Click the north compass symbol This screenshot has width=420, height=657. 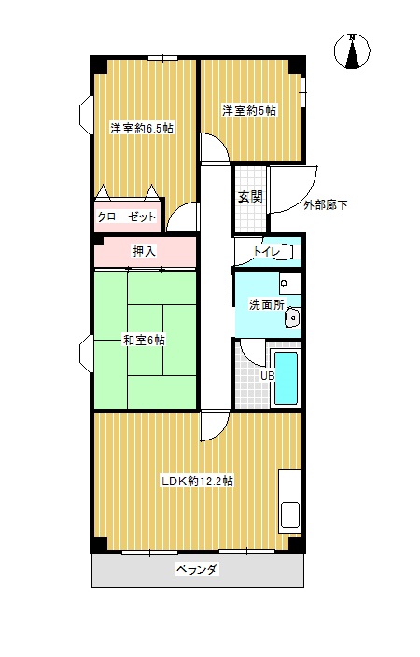click(x=352, y=51)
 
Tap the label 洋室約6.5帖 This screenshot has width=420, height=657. click(x=142, y=128)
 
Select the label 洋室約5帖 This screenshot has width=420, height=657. click(x=249, y=111)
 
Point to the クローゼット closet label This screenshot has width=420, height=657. click(x=126, y=217)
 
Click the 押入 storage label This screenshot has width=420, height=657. click(x=144, y=251)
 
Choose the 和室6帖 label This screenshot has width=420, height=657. click(x=144, y=340)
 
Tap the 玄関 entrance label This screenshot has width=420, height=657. click(x=250, y=197)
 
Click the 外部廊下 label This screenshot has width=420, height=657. click(x=326, y=205)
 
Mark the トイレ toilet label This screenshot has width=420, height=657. click(x=266, y=251)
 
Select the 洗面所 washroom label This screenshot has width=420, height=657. click(x=267, y=304)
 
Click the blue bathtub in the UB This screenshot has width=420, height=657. click(x=286, y=378)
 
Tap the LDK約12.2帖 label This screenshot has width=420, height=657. click(x=198, y=481)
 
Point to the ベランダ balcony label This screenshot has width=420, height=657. click(x=197, y=569)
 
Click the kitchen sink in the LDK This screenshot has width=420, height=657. click(x=290, y=515)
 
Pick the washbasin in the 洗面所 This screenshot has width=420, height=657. click(x=292, y=318)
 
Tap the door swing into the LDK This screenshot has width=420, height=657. click(x=219, y=431)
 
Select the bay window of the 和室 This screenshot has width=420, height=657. click(x=86, y=353)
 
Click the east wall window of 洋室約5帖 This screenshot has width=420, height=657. click(x=302, y=91)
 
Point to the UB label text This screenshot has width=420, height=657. click(x=267, y=376)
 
